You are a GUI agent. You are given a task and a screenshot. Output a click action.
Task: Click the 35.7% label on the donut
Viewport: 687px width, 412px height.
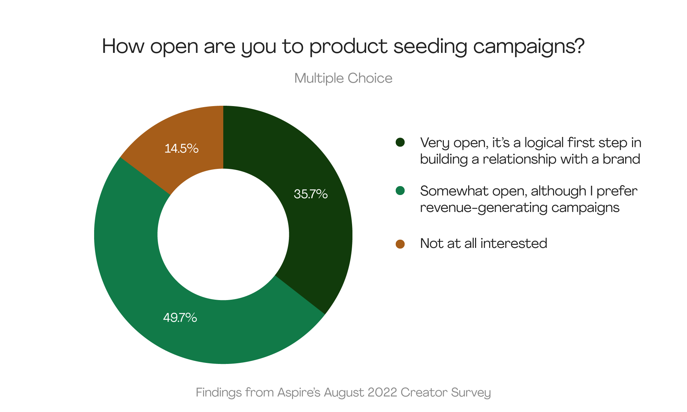[x=311, y=194]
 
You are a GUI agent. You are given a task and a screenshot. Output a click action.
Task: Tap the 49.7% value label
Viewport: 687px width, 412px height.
[x=180, y=318]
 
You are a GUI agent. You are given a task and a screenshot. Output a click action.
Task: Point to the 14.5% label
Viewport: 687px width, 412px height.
[x=181, y=149]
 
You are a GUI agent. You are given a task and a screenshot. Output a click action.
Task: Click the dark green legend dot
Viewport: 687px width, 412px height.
[x=400, y=142]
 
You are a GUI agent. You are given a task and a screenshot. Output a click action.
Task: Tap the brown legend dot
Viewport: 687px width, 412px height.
[x=400, y=244]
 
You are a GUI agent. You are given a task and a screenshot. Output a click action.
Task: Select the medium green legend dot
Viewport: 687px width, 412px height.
[x=400, y=191]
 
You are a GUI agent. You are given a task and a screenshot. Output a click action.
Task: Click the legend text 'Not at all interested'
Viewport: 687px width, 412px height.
[x=484, y=243]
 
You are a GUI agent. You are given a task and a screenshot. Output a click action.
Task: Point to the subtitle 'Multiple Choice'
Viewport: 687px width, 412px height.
[x=343, y=79]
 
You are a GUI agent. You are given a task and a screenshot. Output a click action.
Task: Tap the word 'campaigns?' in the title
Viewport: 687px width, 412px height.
[x=529, y=47]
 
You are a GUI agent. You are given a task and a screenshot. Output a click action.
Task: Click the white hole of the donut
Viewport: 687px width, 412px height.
[x=223, y=234]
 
